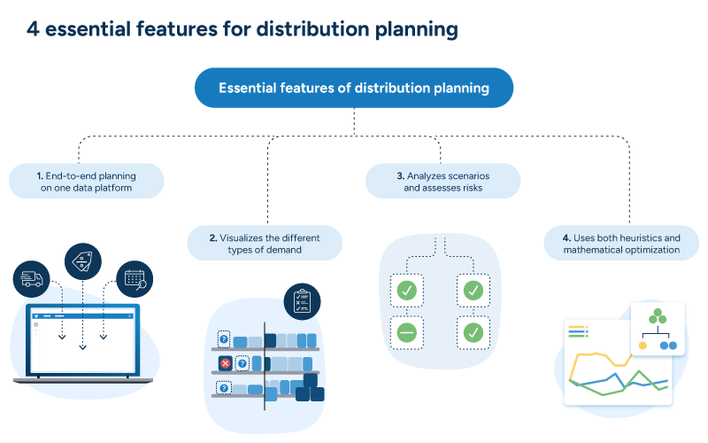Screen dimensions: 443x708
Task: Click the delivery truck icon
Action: point(31,279)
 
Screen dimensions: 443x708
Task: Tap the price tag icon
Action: point(83,260)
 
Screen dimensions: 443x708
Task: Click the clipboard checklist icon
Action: point(302,301)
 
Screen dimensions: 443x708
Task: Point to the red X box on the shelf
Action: point(225,363)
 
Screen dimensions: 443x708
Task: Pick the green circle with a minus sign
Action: point(407,333)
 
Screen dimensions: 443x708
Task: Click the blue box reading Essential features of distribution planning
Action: point(354,88)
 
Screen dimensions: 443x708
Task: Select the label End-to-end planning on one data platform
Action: point(87,182)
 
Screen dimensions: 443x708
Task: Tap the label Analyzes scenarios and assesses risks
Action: point(442,182)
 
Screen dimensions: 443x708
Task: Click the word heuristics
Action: point(656,238)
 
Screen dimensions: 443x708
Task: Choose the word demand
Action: point(284,251)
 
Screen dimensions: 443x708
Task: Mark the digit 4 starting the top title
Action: point(32,30)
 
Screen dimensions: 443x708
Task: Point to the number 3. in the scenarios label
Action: point(400,175)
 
